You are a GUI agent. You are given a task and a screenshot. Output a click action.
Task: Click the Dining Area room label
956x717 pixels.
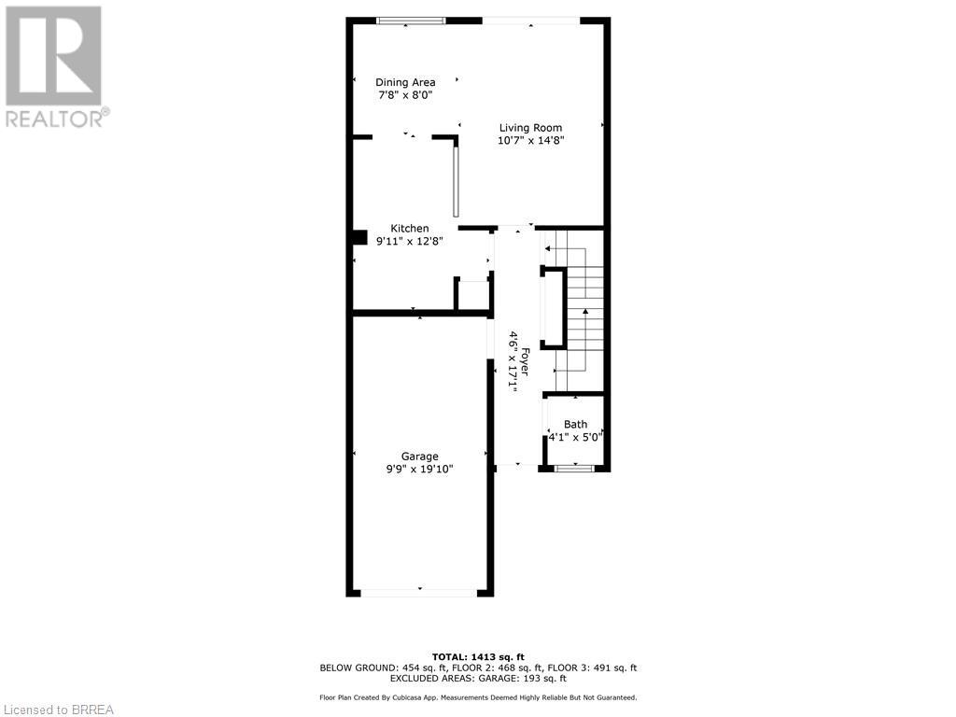click(405, 82)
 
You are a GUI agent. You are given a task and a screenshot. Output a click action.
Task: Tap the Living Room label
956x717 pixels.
click(530, 128)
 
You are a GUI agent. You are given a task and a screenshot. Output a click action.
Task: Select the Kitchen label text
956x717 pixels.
click(409, 229)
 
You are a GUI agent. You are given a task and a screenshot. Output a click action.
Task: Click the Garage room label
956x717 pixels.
click(419, 457)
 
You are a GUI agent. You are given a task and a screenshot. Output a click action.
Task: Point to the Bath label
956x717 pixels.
click(575, 425)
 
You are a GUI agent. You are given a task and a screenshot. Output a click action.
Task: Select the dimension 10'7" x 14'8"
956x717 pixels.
click(530, 141)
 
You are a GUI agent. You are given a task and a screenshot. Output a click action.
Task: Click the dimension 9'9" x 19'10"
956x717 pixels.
click(419, 470)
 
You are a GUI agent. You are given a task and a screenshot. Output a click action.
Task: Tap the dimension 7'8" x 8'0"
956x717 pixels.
click(405, 95)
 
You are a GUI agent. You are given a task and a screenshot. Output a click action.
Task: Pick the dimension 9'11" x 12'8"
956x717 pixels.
click(409, 241)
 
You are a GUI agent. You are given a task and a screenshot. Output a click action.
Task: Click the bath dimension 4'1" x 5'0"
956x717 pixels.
click(575, 436)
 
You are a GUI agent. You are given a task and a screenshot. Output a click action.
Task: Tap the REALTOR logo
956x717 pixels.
click(55, 66)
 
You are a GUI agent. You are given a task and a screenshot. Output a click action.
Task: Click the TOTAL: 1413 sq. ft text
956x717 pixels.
click(477, 656)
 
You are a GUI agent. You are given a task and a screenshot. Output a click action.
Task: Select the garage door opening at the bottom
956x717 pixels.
click(419, 592)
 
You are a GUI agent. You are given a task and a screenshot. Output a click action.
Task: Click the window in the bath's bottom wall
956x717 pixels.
click(574, 468)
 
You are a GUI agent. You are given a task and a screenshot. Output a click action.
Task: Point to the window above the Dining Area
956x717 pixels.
click(410, 21)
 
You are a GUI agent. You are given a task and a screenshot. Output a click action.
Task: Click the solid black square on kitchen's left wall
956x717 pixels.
click(359, 237)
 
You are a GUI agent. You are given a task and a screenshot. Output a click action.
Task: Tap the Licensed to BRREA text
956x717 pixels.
click(58, 710)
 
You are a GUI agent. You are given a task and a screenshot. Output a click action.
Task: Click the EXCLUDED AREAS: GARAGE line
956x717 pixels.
click(477, 679)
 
